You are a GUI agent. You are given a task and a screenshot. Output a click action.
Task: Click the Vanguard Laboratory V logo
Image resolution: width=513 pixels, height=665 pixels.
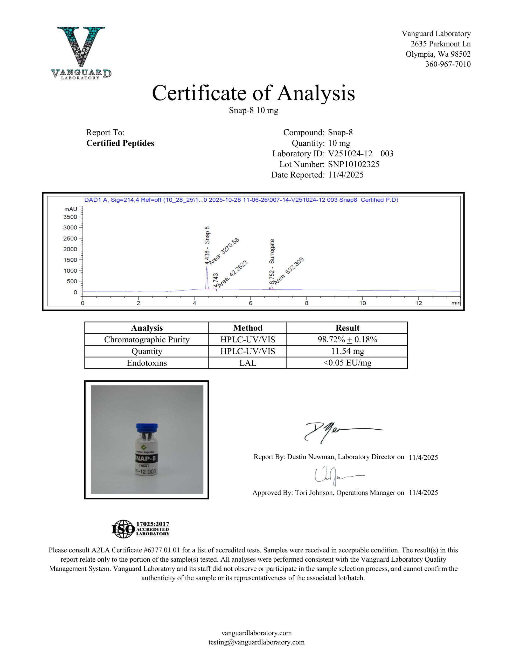click(81, 52)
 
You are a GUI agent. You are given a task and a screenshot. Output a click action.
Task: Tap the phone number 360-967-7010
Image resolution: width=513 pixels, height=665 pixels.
click(448, 64)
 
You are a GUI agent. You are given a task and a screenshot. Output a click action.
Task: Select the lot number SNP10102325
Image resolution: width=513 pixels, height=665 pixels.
click(354, 164)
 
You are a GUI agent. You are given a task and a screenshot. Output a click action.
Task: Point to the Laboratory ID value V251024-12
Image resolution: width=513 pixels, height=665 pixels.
click(350, 154)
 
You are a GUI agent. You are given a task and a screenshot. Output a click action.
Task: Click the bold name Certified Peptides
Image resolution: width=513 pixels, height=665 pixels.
click(120, 143)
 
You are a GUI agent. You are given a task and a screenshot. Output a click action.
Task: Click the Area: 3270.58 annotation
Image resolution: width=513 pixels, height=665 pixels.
click(224, 251)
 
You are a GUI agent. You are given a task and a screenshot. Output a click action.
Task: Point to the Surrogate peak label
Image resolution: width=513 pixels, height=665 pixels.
click(272, 251)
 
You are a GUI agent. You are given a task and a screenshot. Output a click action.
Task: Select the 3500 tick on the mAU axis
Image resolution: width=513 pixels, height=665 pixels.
click(70, 217)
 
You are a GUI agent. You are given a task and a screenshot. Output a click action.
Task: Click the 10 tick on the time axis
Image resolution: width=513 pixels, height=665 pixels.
click(363, 303)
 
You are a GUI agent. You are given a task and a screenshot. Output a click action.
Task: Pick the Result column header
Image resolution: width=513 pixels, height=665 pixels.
click(347, 328)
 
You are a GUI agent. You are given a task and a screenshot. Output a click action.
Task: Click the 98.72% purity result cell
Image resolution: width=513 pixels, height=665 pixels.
click(347, 340)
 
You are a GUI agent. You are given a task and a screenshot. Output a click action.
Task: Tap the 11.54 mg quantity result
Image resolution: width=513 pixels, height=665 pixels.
click(347, 351)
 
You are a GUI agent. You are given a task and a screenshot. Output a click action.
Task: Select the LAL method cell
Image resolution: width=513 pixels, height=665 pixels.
click(247, 363)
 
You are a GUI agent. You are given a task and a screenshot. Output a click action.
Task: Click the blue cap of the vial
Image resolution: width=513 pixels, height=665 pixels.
click(147, 428)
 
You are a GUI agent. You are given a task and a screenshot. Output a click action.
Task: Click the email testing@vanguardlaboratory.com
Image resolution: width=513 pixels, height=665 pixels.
click(256, 642)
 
